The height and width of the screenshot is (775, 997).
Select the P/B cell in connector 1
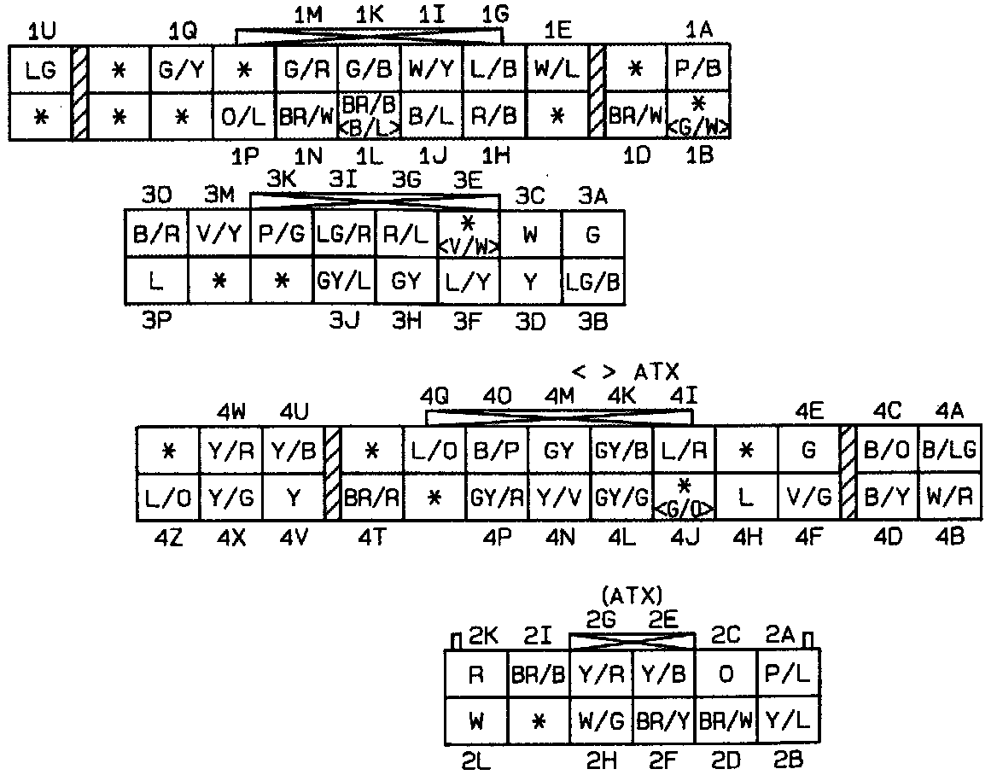(698, 70)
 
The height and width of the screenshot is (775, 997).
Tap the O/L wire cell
(243, 116)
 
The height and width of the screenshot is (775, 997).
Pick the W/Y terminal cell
(432, 70)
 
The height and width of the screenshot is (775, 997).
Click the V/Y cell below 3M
(219, 234)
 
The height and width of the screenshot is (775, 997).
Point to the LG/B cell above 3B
(593, 282)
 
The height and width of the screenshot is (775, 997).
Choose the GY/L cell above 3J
(343, 282)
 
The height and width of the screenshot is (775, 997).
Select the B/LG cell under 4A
(950, 451)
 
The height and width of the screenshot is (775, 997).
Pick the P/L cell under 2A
(789, 674)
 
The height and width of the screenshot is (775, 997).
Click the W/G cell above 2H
(601, 721)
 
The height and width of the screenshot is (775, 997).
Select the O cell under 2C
(726, 674)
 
